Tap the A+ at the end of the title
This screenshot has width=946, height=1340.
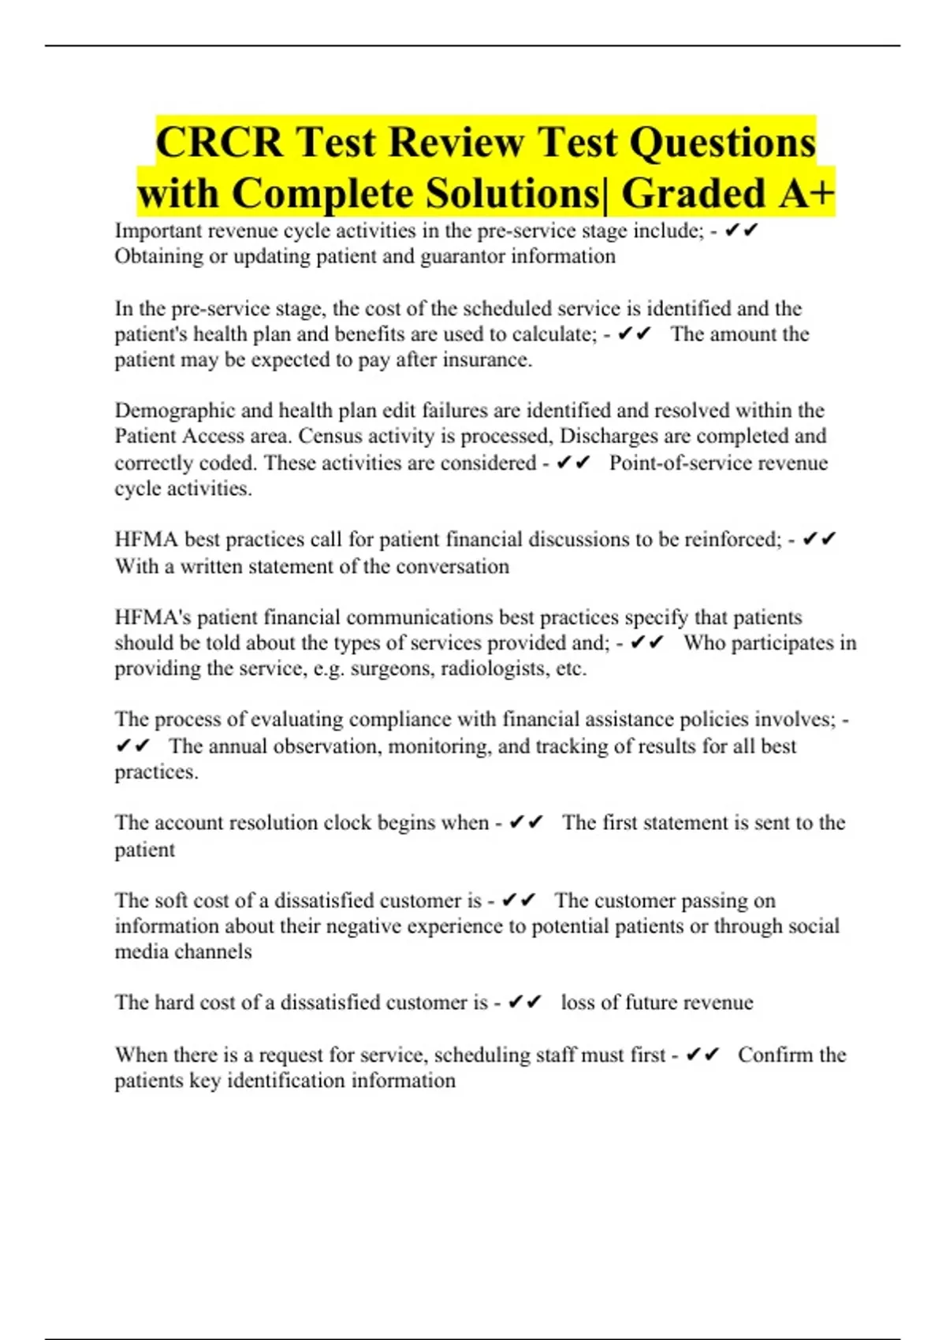pyautogui.click(x=806, y=194)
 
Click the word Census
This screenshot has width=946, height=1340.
pyautogui.click(x=328, y=436)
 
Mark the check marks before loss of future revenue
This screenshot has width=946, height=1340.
pyautogui.click(x=525, y=1002)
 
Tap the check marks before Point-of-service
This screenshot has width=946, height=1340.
pyautogui.click(x=573, y=463)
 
